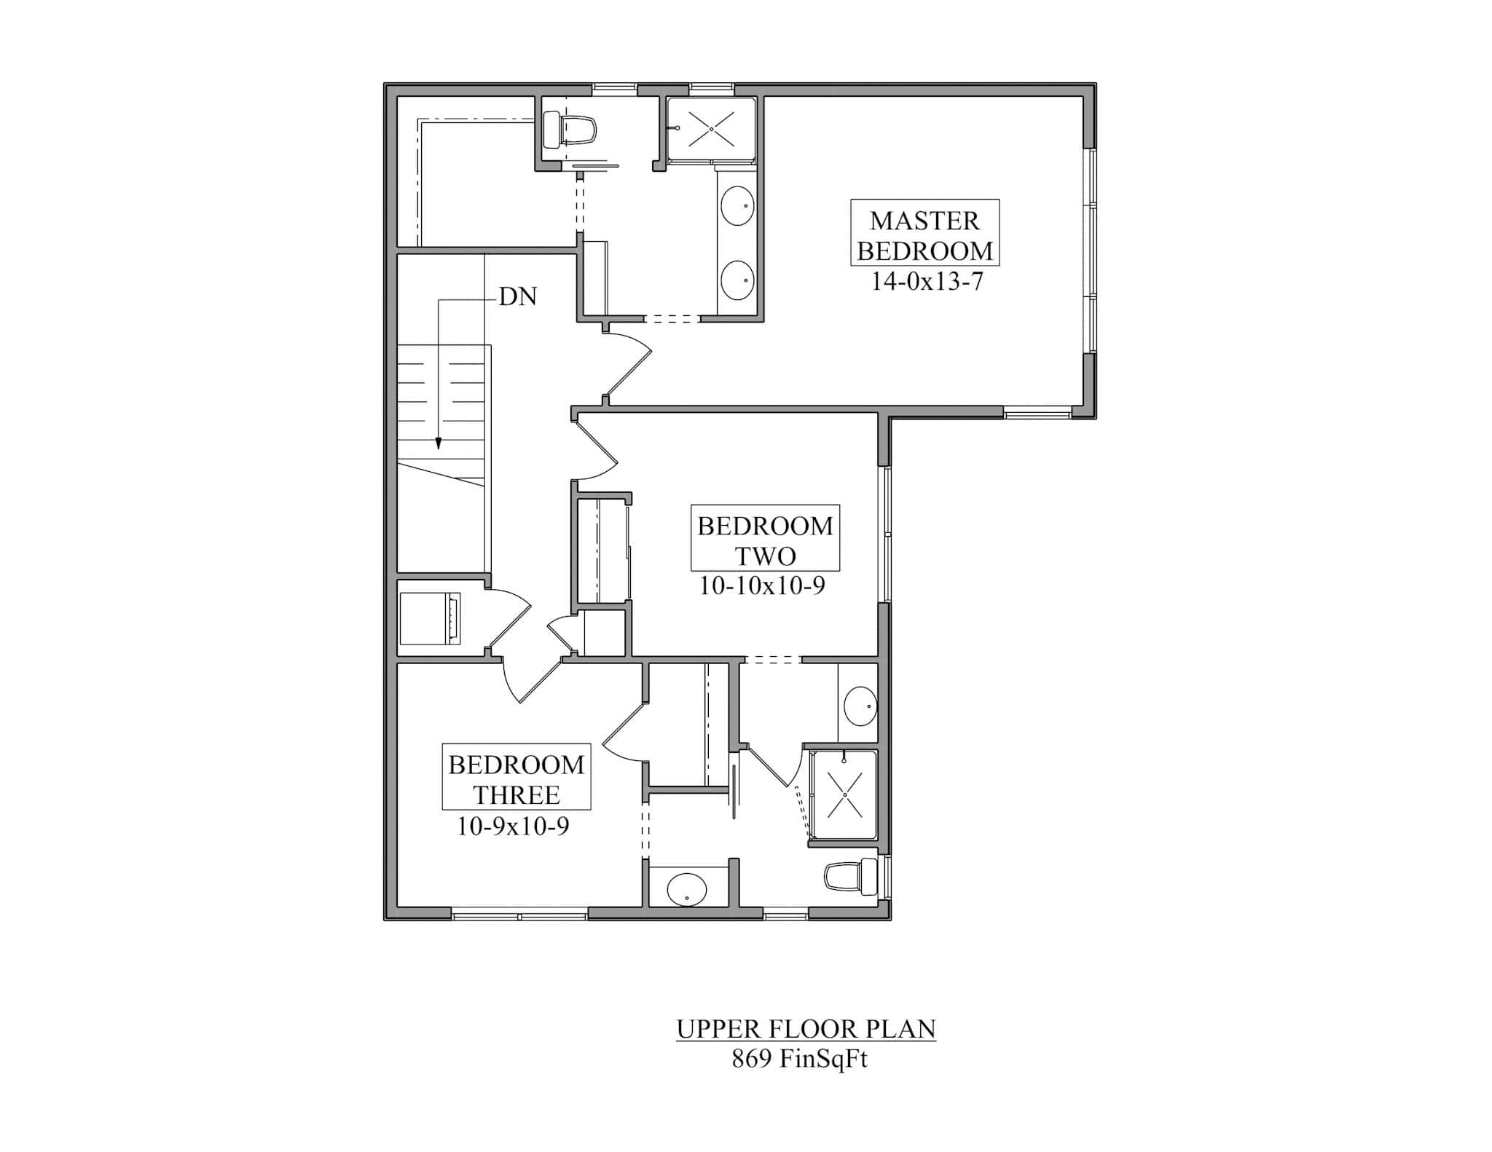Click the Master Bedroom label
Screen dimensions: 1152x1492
[x=924, y=234]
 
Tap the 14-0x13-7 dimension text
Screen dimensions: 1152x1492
[x=927, y=281]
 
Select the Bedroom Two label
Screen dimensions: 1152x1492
[x=765, y=540]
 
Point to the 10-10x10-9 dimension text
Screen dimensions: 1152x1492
[x=762, y=585]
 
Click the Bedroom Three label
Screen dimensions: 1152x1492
[x=516, y=779]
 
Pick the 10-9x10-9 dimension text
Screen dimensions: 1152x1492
[x=513, y=826]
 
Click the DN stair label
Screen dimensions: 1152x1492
[x=518, y=296]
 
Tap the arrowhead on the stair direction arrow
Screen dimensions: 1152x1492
[x=439, y=443]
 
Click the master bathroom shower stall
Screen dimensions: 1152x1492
[x=711, y=129]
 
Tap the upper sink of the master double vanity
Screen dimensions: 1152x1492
[x=737, y=205]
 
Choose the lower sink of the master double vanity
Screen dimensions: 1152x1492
[x=737, y=280]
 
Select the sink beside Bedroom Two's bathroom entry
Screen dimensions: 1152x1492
[x=860, y=706]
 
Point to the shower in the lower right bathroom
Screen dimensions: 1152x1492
[x=844, y=794]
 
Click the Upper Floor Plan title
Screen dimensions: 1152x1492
[x=806, y=1028]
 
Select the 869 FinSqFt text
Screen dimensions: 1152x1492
[x=799, y=1059]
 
